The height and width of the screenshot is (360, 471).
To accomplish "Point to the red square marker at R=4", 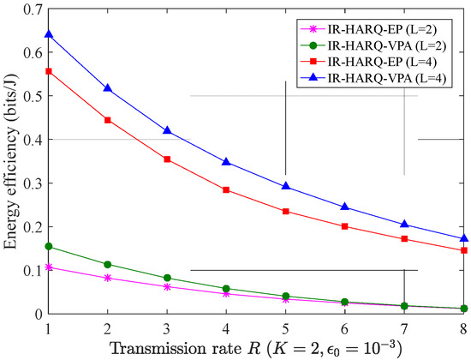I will (226, 189).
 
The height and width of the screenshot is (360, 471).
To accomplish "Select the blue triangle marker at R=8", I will (464, 238).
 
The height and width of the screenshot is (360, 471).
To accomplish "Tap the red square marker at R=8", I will (464, 250).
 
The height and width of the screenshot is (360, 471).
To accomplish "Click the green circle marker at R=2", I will (108, 264).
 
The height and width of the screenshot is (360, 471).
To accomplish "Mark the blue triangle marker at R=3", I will (167, 130).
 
